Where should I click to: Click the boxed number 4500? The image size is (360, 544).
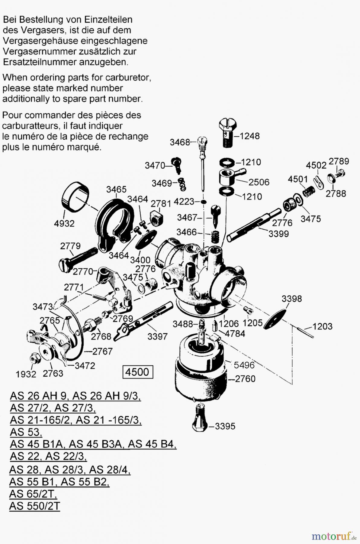(137, 372)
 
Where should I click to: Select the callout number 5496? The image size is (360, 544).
(244, 365)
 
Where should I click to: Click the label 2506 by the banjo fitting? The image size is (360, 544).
(259, 182)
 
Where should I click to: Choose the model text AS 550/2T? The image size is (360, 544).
(34, 506)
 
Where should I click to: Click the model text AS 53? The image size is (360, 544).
(25, 432)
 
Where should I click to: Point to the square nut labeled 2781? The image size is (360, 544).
(157, 217)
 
